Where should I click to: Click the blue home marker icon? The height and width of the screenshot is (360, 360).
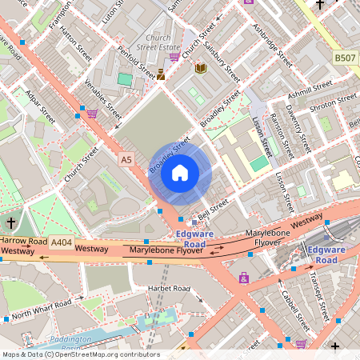[180, 172]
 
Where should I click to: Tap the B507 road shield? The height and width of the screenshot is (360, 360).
[345, 58]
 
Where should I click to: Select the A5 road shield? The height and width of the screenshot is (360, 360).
[126, 160]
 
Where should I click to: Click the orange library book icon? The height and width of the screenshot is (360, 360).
[200, 70]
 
